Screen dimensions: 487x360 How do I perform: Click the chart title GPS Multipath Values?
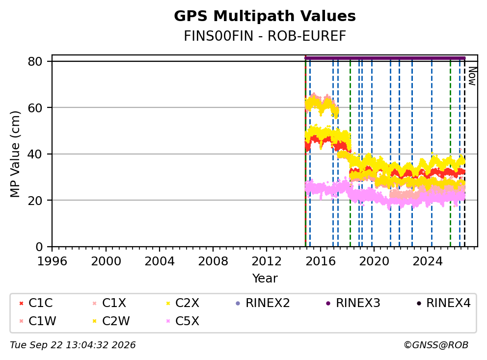[265, 16]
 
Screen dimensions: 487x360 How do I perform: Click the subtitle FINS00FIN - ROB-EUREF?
[265, 36]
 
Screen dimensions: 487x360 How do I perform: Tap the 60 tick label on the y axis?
[35, 108]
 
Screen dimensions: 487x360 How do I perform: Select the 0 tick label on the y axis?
[39, 247]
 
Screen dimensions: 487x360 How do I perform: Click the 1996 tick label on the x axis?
[52, 261]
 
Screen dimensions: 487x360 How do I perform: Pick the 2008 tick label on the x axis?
[213, 261]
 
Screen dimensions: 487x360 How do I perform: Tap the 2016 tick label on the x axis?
[320, 261]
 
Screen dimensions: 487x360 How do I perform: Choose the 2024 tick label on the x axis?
[428, 261]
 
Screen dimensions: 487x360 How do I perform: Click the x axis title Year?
[265, 278]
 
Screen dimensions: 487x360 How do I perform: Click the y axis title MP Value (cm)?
[15, 154]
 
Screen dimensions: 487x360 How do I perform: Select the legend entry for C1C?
[36, 303]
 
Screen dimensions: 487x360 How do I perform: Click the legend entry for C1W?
[38, 321]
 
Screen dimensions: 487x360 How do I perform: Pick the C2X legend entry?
[183, 303]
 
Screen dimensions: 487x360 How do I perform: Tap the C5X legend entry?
[183, 321]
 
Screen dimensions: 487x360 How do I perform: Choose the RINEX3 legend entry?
[353, 303]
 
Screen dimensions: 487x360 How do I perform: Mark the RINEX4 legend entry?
[443, 303]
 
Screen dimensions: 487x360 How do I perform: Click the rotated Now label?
[472, 76]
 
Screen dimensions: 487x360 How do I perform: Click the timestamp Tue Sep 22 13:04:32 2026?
[73, 345]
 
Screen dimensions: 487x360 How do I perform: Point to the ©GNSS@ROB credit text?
[436, 345]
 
